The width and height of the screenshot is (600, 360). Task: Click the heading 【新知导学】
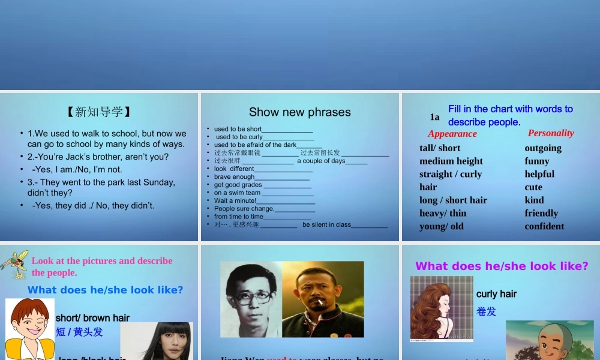click(99, 112)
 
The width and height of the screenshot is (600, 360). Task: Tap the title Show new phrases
click(299, 112)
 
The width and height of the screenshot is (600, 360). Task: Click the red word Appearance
click(452, 134)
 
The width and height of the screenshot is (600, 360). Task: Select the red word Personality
click(551, 133)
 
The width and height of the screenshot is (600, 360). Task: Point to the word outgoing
click(543, 148)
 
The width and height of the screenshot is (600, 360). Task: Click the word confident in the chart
click(544, 226)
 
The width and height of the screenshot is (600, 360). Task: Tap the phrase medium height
click(451, 161)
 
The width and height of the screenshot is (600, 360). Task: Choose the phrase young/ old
click(442, 226)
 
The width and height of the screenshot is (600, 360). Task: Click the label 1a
click(434, 117)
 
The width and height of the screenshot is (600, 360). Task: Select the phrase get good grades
click(238, 185)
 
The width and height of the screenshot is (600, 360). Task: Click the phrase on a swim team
click(238, 193)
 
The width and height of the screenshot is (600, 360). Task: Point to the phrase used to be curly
click(239, 137)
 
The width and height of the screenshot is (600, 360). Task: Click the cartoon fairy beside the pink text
click(14, 264)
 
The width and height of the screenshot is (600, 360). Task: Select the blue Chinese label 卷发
click(486, 312)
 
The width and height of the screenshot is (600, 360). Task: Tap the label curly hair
click(496, 294)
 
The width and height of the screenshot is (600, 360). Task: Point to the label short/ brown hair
click(92, 318)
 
